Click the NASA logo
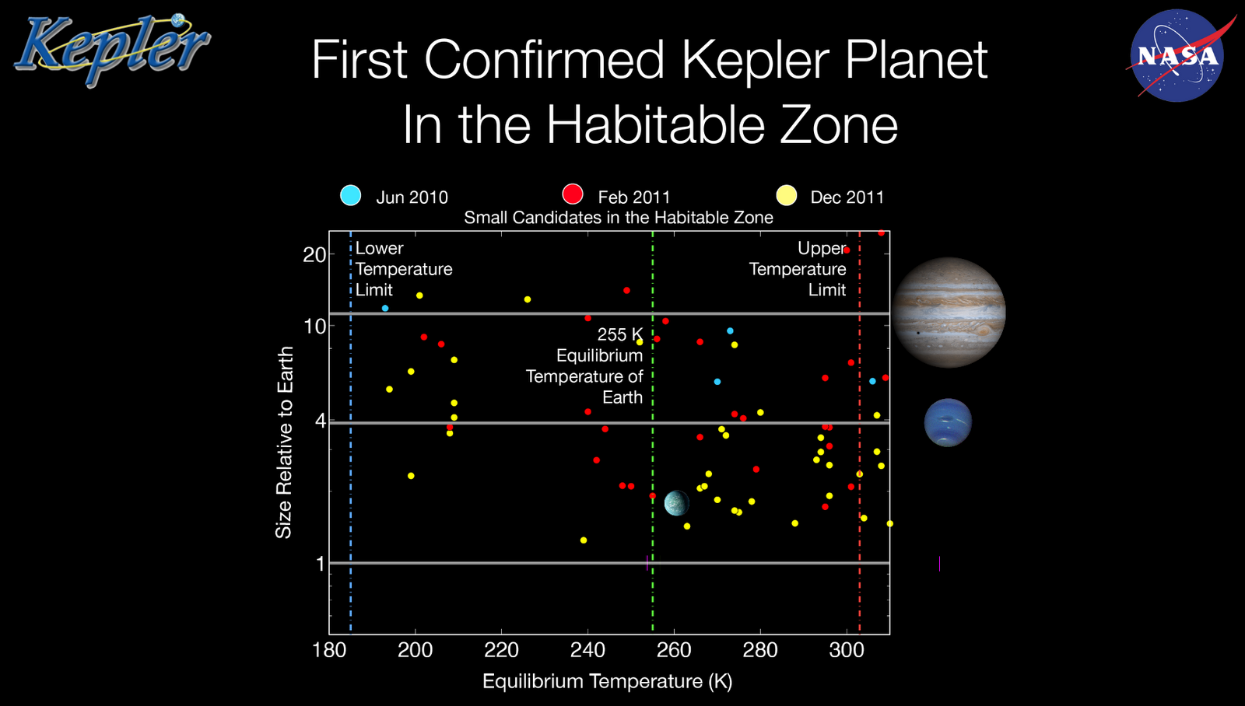click(1177, 55)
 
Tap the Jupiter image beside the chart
click(949, 313)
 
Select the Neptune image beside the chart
click(948, 422)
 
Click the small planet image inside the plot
click(676, 503)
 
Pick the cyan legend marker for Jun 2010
click(351, 195)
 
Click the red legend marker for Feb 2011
click(573, 194)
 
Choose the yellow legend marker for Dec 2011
click(787, 195)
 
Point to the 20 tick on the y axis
click(314, 255)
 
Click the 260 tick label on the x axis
click(674, 650)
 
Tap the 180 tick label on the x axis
click(329, 650)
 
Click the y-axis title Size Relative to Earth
click(284, 442)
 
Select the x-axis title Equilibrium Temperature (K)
click(607, 681)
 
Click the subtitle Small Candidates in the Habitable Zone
click(619, 218)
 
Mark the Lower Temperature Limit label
click(403, 269)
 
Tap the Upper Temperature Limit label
click(798, 269)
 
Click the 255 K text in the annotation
click(619, 334)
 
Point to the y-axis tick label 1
click(320, 564)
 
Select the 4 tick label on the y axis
click(319, 421)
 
